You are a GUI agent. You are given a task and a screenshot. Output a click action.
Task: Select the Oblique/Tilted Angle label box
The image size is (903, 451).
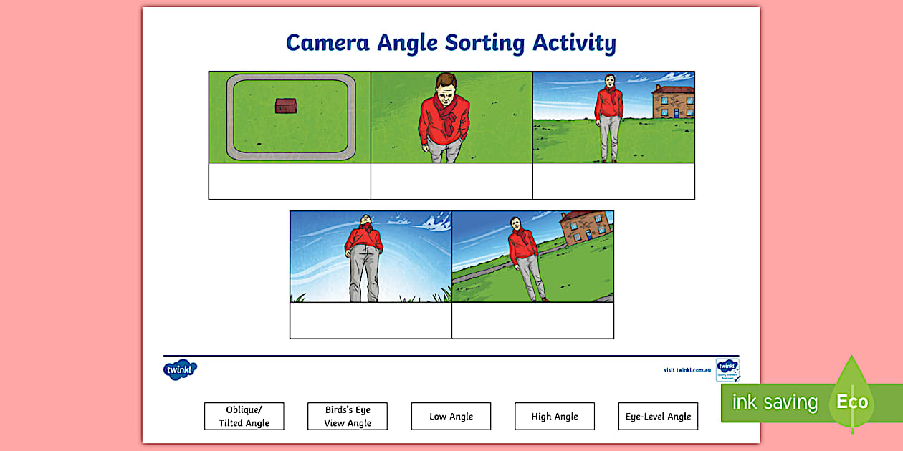coord(244,416)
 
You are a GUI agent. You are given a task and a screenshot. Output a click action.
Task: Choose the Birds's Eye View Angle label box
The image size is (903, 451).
coord(348,416)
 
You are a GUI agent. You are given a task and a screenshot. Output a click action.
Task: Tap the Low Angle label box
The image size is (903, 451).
coord(451,416)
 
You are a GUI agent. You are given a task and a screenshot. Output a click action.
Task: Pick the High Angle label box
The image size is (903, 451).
coord(555,416)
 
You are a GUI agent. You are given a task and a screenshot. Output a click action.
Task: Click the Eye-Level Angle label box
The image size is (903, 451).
coord(658,416)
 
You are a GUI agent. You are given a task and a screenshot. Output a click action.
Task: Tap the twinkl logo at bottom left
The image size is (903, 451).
coord(180,370)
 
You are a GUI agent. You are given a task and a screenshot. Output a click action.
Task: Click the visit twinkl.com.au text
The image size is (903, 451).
coord(687,370)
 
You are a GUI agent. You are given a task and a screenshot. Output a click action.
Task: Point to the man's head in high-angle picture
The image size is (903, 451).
coord(446,86)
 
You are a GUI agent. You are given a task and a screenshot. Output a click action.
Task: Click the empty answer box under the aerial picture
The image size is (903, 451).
coord(290,181)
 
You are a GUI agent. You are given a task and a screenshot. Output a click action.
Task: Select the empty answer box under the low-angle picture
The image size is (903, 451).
coord(371,320)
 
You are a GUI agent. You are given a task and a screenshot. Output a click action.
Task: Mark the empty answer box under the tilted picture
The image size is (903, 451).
coord(532,320)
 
